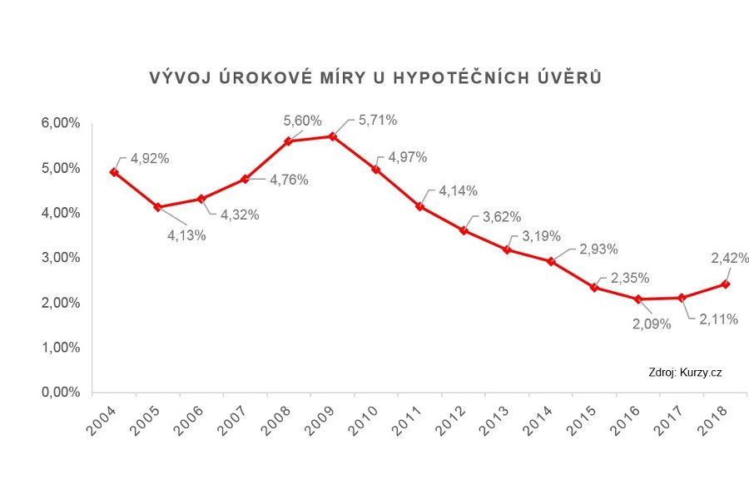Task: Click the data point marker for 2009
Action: (332, 136)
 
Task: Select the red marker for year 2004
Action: (114, 172)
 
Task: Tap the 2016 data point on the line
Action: (637, 299)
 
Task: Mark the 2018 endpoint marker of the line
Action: (725, 284)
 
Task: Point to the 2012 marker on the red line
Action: (463, 230)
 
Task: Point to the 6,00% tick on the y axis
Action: (60, 124)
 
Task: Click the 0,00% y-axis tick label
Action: (60, 392)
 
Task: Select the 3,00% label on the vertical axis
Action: (60, 258)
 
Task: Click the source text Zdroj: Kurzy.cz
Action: (684, 373)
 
